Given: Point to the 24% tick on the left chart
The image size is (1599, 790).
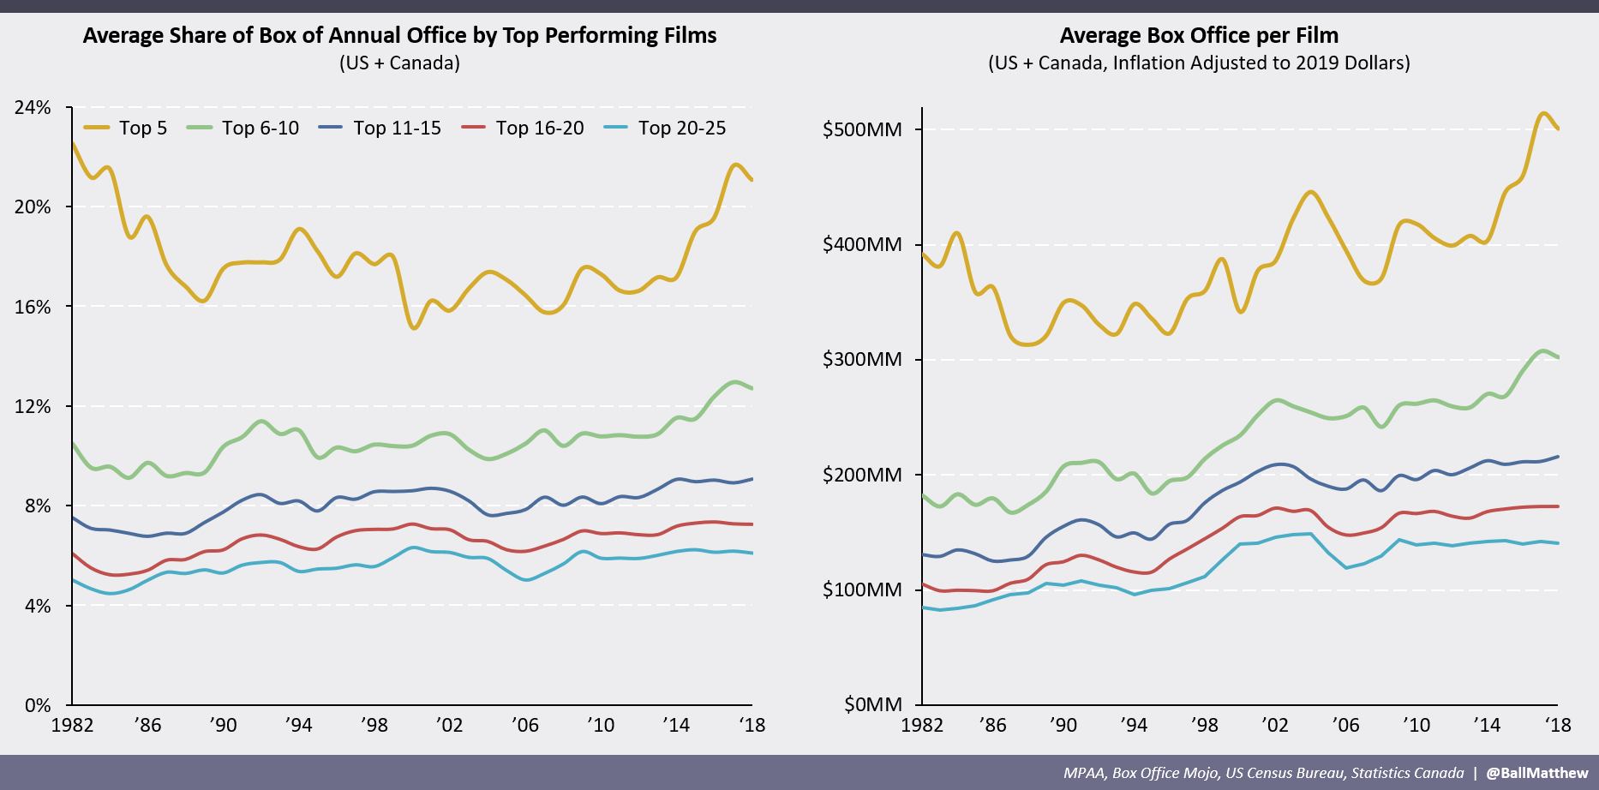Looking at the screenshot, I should [x=33, y=108].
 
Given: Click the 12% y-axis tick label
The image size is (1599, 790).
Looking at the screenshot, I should [x=33, y=406].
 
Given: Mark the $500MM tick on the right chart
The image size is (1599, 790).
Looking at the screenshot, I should [x=862, y=130].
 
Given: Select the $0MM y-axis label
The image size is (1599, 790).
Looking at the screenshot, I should [x=873, y=704].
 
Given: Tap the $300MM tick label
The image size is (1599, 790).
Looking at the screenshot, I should [x=862, y=360].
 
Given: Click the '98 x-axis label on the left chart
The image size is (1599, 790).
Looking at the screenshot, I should [x=374, y=726].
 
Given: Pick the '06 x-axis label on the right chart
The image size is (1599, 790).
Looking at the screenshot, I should [x=1345, y=726].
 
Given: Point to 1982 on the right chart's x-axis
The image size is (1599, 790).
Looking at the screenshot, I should [x=922, y=726].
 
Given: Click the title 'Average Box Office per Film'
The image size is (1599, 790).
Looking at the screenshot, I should [x=1199, y=35].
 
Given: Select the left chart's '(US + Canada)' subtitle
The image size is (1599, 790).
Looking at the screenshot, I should [x=399, y=63].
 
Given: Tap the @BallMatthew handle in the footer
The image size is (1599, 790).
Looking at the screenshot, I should [x=1536, y=773].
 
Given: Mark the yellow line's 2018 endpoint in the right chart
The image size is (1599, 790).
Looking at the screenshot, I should [x=1558, y=129].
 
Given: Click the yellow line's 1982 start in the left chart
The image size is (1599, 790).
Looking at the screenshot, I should [x=73, y=143].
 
